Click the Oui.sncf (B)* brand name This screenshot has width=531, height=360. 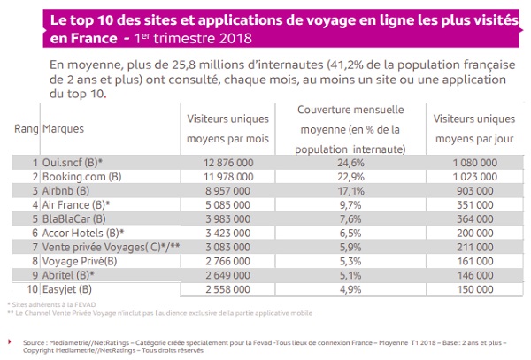click(74, 163)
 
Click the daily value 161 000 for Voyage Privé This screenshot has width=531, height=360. click(473, 260)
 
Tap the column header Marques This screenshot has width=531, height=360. click(63, 129)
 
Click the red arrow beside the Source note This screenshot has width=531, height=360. click(11, 339)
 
